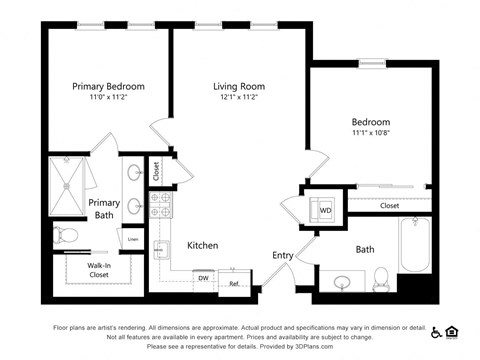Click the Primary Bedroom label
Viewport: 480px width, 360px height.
coord(107,86)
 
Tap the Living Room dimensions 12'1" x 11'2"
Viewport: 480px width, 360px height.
coord(237,98)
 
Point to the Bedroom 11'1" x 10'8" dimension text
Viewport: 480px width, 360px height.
coord(372,131)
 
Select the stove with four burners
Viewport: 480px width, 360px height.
coord(161,206)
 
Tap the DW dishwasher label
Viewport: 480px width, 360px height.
coord(203,277)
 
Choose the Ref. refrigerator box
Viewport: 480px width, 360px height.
coord(234,283)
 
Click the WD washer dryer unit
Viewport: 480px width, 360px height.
coord(324,210)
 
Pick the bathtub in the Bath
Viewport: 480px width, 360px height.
coord(415,246)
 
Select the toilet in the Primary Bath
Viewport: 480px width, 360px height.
coord(67,236)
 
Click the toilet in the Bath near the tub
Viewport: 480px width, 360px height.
coord(380,276)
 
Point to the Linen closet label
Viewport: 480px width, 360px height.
coord(133,239)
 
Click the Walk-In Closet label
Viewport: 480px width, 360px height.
coord(99,268)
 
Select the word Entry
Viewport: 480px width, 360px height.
coord(283,255)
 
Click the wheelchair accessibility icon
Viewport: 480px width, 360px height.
coord(436,330)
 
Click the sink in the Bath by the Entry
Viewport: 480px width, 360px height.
coord(342,281)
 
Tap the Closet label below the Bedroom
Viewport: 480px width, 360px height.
coord(389,206)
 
